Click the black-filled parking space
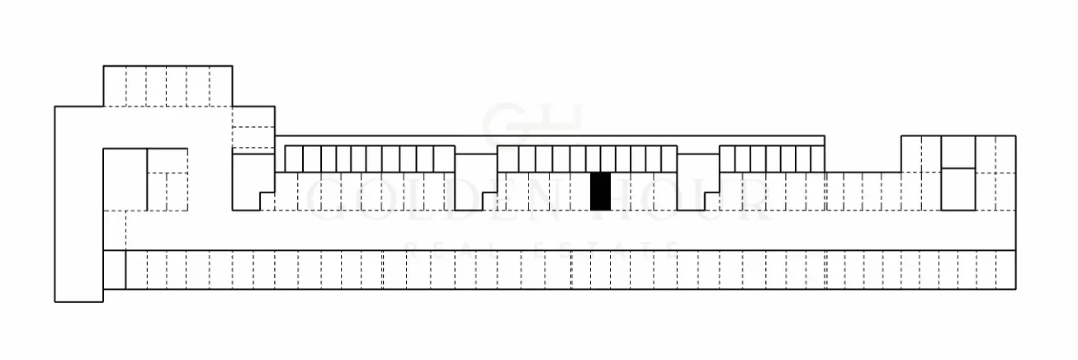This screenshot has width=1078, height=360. [601, 191]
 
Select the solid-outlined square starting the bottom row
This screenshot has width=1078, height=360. [115, 270]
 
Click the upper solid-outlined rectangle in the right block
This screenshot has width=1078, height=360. [958, 152]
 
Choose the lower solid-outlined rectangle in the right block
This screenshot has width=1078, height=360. [958, 189]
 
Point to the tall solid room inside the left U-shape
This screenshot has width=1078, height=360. [125, 179]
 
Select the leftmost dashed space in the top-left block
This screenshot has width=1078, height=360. [114, 86]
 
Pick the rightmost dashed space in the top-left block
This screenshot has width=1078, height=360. [221, 86]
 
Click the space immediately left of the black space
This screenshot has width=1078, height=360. [583, 191]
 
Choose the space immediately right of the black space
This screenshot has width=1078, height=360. [619, 191]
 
